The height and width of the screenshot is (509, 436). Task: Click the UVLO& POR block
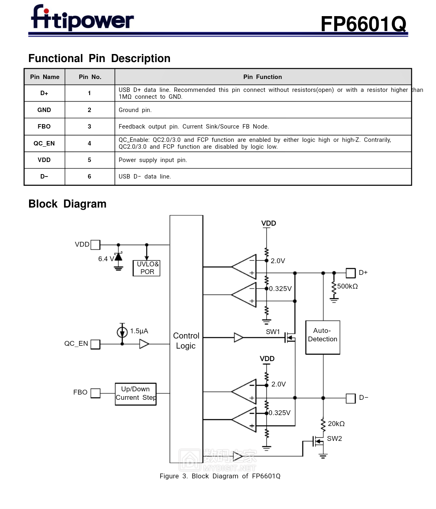(146, 268)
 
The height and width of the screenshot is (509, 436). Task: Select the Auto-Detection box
(323, 337)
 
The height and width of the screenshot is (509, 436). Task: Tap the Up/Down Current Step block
(136, 394)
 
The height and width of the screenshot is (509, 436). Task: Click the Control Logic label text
(186, 341)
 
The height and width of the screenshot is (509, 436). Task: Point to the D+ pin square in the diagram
(351, 273)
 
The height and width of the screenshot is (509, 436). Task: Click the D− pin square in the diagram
(351, 398)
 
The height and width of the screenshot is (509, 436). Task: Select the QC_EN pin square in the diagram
(95, 344)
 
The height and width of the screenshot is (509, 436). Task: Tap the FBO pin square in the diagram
(95, 393)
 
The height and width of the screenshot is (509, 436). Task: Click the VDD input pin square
(95, 245)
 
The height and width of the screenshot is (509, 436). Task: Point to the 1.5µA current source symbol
(122, 332)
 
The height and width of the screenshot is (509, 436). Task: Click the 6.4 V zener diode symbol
(118, 256)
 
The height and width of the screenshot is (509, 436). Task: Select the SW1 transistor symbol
(290, 338)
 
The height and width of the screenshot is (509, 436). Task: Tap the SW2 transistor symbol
(318, 441)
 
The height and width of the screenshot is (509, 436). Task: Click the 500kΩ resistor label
(348, 287)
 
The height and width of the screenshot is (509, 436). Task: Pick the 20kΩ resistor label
(336, 424)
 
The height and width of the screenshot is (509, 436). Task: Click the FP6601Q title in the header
(363, 24)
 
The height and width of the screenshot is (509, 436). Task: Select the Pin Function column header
(262, 77)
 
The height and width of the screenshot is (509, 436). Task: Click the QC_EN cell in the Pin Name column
(44, 143)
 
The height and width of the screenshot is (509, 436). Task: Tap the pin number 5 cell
(89, 160)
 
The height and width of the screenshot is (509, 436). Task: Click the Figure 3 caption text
(220, 476)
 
